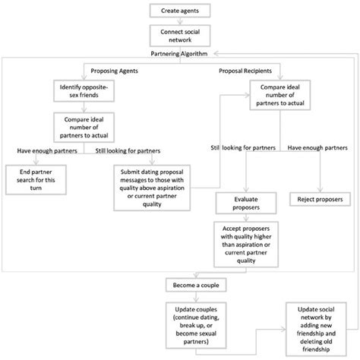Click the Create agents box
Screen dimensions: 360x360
(x=179, y=10)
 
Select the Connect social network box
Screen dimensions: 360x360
(x=179, y=36)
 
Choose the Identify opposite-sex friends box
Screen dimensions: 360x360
(x=84, y=91)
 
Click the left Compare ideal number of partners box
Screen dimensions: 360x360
(x=84, y=127)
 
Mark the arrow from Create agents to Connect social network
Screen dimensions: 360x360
(x=179, y=21)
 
